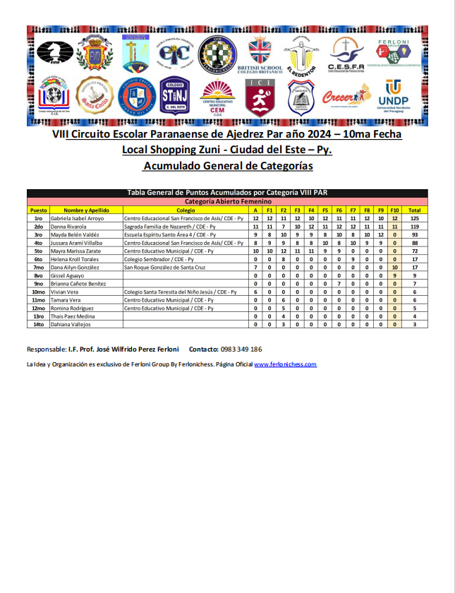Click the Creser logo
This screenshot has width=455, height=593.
point(346,97)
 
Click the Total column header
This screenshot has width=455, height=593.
point(415,210)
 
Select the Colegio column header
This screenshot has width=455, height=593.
point(186,210)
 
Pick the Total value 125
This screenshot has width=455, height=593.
point(415,219)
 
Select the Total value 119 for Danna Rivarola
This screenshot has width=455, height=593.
point(415,227)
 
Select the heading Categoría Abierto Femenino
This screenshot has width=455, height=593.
point(227,202)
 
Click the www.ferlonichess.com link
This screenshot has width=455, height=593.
point(285,364)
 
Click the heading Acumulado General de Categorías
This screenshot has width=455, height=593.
point(227,166)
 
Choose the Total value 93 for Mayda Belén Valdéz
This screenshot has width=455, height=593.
point(415,234)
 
